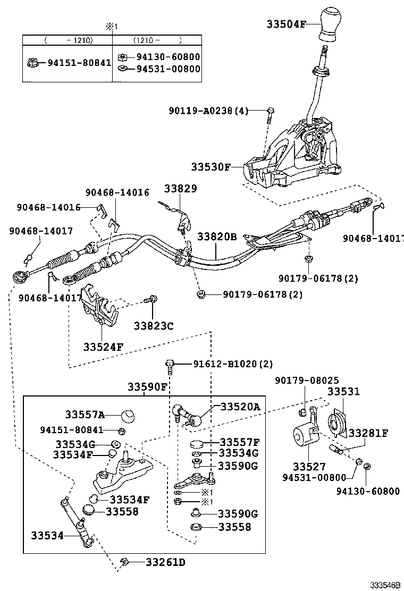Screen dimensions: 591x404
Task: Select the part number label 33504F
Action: point(286,23)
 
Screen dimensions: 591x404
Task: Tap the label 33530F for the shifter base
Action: point(211,167)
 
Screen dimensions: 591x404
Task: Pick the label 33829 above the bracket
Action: point(180,189)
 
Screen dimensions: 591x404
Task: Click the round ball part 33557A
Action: point(127,415)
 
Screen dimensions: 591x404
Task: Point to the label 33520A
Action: point(240,407)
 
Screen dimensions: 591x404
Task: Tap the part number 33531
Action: point(343,392)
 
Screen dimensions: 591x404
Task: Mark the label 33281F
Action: point(368,433)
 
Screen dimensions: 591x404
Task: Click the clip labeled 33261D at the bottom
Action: point(127,561)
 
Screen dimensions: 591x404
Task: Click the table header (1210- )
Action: point(157,39)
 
